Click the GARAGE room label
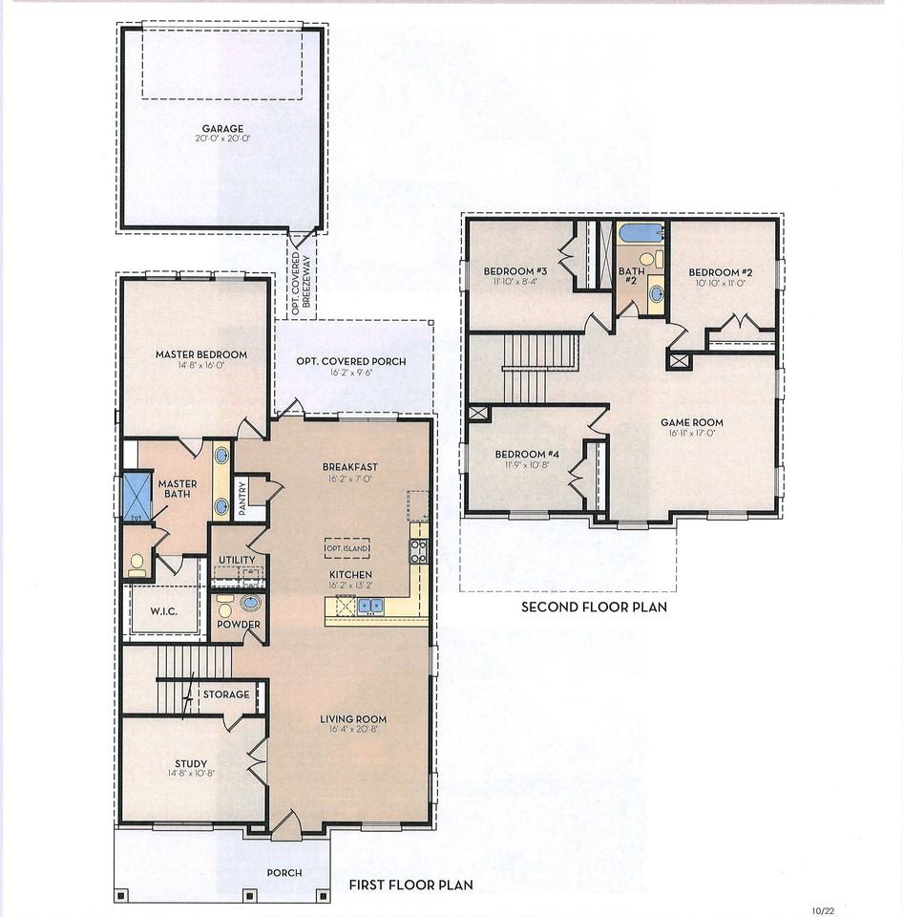tap(222, 129)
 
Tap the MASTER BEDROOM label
tap(201, 354)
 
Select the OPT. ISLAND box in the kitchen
tap(347, 548)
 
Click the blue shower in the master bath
tap(137, 497)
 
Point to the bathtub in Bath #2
tap(641, 233)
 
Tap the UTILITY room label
tap(237, 560)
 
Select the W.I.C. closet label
tap(163, 611)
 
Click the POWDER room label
tap(239, 624)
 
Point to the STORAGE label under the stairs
tap(226, 694)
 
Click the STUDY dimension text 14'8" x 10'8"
tap(191, 773)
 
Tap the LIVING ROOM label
tap(353, 718)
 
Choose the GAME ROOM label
tap(692, 422)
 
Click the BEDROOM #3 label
tap(514, 271)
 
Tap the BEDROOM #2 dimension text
tap(721, 283)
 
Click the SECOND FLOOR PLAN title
tap(594, 607)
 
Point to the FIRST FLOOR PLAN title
tap(410, 885)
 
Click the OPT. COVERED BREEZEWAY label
tap(302, 284)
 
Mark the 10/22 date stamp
tap(823, 910)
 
